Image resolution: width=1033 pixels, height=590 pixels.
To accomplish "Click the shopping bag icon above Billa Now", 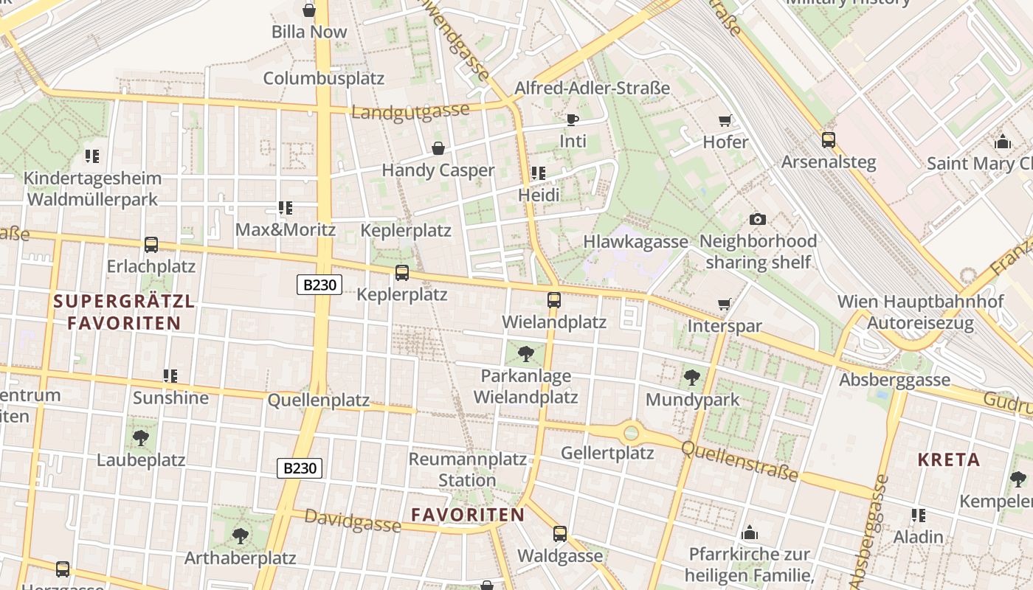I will point(309,10).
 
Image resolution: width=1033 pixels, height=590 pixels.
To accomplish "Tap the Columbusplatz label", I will point(324,78).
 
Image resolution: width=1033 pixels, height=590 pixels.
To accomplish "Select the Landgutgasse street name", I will point(410,111).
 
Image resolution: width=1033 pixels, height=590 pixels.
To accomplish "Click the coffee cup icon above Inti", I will point(573,119).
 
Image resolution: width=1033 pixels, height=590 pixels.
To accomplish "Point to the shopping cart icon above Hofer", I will point(725,120).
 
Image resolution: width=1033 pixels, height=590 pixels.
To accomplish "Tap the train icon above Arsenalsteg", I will point(829,139).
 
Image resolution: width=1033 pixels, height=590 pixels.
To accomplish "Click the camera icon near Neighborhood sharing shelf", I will point(757,219).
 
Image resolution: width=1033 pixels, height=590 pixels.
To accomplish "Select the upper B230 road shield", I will point(319,285).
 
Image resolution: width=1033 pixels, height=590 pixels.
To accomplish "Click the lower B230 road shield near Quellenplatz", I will point(300,468).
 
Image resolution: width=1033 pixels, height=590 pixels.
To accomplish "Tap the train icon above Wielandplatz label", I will point(554,300).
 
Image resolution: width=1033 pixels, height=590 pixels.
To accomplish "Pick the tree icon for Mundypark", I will point(692,378).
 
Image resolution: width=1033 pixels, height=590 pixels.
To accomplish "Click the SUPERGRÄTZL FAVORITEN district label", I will point(124,312).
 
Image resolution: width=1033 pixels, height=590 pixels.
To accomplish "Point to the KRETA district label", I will point(949,460).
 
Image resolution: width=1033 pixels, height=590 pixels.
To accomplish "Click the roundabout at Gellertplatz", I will point(631,432).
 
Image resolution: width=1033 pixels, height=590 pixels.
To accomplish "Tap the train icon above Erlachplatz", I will point(151,244).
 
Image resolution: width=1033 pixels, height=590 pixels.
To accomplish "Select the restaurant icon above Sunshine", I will point(170,376).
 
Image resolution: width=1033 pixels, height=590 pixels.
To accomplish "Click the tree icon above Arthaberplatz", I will point(240,535).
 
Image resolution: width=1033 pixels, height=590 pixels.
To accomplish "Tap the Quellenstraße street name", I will point(739,461).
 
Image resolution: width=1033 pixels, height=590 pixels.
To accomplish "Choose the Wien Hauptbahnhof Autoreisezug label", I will point(920,312).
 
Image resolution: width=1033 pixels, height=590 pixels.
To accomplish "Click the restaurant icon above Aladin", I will point(919,515).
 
